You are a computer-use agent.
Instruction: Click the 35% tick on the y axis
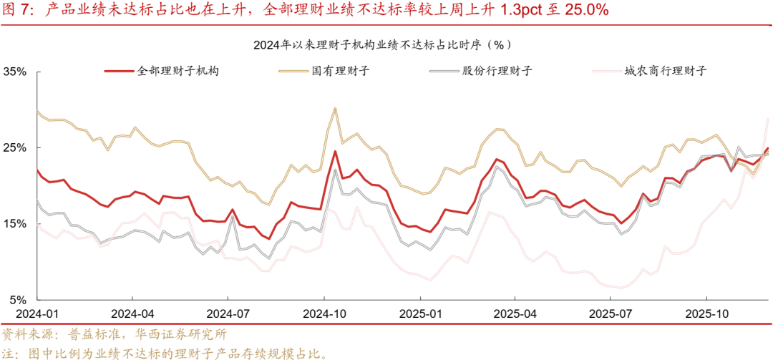pos(15,72)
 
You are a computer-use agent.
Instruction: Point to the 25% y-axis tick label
pos(15,148)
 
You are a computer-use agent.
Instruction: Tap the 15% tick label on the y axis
pos(15,224)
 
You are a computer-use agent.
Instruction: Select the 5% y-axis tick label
pos(18,300)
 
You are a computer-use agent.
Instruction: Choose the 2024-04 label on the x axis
pos(132,314)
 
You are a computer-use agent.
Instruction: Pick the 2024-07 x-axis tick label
pos(228,314)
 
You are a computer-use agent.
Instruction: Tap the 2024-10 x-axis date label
pos(324,314)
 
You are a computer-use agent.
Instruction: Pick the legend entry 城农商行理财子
pos(665,71)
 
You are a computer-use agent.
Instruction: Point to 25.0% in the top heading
pos(584,10)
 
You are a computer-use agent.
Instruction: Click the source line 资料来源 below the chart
pos(115,334)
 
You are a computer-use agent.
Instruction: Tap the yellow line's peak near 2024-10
pos(335,108)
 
